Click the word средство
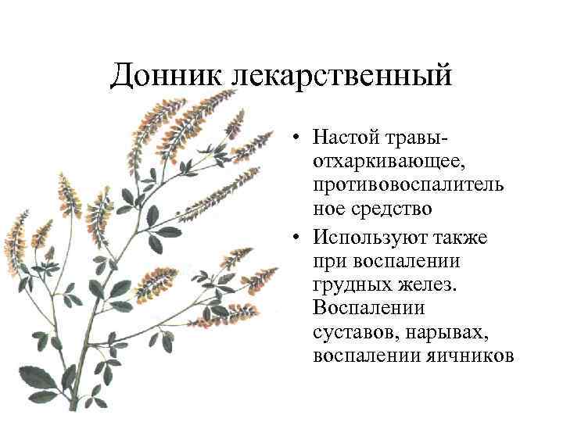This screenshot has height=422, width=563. (x=389, y=209)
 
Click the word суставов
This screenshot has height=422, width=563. (x=350, y=331)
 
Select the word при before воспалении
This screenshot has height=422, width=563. (x=328, y=259)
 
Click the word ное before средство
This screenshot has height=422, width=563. (x=328, y=209)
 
